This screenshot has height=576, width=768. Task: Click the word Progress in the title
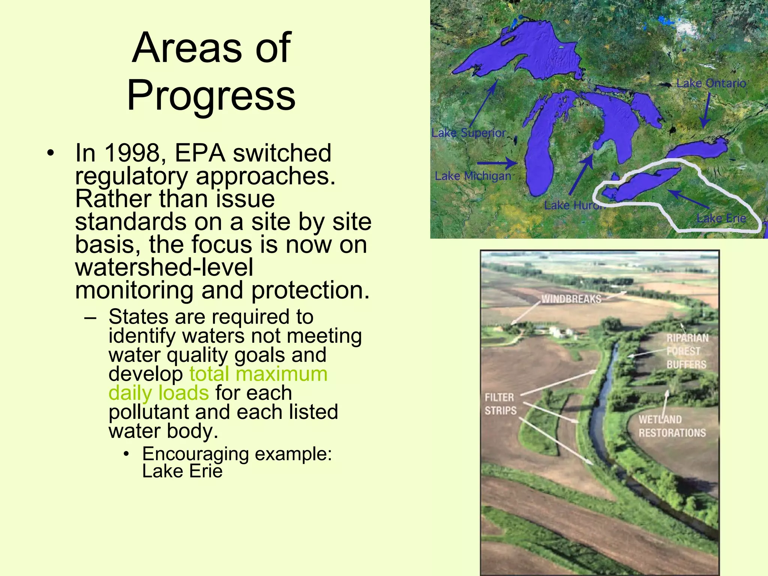[x=211, y=96]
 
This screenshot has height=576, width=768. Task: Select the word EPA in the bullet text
[x=200, y=153]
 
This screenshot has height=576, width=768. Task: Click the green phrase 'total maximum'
[x=258, y=374]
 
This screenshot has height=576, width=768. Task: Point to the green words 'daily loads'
[x=158, y=393]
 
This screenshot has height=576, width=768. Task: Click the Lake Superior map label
[x=468, y=133]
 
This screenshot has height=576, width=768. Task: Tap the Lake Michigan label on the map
[x=473, y=176]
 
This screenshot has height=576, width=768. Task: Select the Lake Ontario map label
[x=711, y=83]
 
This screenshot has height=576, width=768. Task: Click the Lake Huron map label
[x=574, y=205]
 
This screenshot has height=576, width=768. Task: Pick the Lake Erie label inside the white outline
[x=721, y=218]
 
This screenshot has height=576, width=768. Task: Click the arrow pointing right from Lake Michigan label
[x=497, y=163]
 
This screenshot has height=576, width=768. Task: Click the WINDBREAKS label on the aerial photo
[x=571, y=299]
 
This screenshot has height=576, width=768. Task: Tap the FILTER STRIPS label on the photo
[x=500, y=404]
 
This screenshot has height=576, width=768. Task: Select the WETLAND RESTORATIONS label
[x=672, y=426]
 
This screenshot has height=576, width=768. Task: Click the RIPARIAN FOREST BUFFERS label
[x=687, y=351]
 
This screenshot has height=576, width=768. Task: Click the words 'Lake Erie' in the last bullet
[x=182, y=471]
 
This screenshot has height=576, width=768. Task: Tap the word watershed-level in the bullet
[x=164, y=267]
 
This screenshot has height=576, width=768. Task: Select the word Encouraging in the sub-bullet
[x=195, y=454]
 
